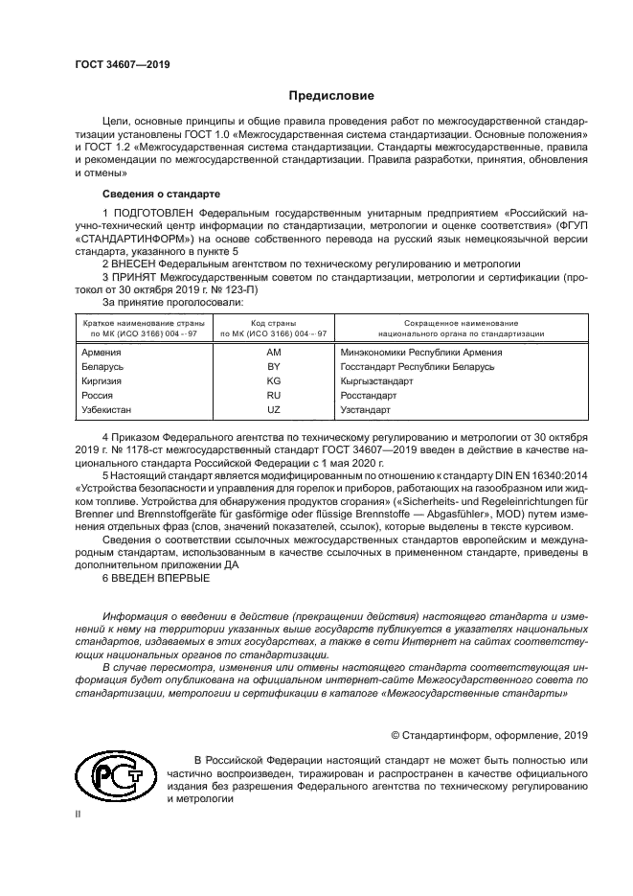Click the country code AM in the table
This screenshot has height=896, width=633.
coord(273,352)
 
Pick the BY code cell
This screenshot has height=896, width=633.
coord(273,366)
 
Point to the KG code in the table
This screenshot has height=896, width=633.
coord(273,380)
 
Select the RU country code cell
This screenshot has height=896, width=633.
coord(273,395)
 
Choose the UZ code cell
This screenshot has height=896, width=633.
coord(273,409)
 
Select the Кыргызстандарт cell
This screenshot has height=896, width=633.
coord(376,380)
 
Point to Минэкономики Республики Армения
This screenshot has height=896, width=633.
coord(420,352)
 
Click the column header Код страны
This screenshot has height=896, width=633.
coord(273,323)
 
